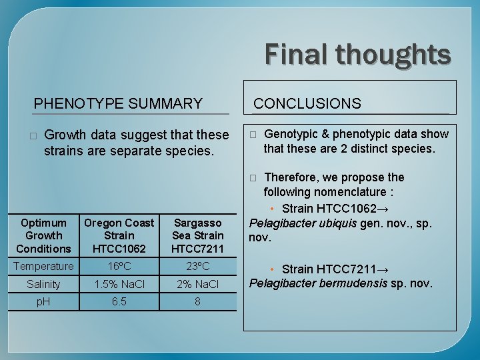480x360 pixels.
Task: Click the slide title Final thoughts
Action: (358, 54)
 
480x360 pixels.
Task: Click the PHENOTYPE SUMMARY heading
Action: (118, 103)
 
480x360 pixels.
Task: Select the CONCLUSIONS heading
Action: (307, 103)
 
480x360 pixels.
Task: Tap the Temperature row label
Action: (44, 266)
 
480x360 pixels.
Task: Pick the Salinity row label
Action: (43, 284)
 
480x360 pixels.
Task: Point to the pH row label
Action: (43, 301)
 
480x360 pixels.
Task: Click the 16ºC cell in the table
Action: (119, 266)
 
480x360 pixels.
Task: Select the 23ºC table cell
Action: (197, 266)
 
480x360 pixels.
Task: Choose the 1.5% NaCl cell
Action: (119, 284)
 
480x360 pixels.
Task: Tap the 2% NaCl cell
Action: (197, 284)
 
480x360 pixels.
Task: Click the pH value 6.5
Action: (119, 301)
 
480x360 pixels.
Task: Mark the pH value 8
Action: (197, 301)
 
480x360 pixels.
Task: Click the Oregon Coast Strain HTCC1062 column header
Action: (119, 235)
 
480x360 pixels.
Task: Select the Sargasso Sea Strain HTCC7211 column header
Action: (197, 235)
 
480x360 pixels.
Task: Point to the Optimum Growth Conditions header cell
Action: (43, 235)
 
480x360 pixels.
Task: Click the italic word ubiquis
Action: (335, 223)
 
